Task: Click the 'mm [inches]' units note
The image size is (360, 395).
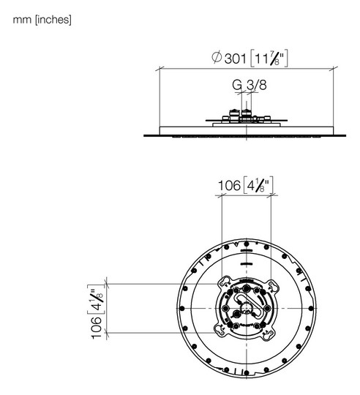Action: point(42,20)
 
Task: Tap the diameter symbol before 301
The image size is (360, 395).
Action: point(217,57)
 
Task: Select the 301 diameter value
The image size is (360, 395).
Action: point(235,59)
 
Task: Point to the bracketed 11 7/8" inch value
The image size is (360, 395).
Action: point(269,59)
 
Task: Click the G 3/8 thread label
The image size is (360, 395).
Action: point(250,85)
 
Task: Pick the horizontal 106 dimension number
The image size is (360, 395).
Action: point(229,186)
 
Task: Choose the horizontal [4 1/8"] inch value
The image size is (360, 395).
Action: point(258,185)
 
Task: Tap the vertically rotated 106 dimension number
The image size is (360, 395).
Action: point(97,328)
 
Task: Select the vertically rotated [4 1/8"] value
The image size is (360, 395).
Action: point(96,299)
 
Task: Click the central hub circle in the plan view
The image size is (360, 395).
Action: point(246,308)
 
